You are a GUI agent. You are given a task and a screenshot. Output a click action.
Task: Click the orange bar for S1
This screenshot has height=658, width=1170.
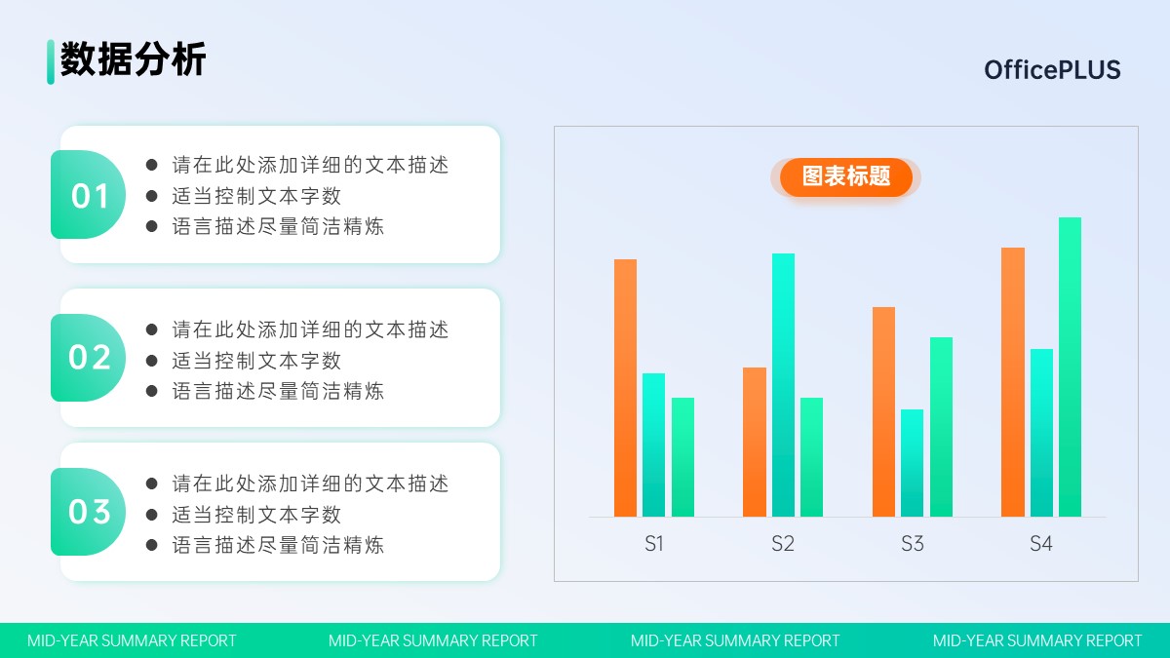pyautogui.click(x=625, y=388)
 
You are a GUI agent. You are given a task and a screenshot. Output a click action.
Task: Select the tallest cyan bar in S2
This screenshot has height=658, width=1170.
pyautogui.click(x=783, y=385)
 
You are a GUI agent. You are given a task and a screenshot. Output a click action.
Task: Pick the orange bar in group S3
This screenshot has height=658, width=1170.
pyautogui.click(x=883, y=411)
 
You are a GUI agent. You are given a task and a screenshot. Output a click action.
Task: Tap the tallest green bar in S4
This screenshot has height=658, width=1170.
pyautogui.click(x=1070, y=367)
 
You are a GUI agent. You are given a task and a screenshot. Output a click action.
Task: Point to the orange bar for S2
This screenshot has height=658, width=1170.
pyautogui.click(x=755, y=442)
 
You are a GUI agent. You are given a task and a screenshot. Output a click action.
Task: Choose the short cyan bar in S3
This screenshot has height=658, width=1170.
pyautogui.click(x=912, y=463)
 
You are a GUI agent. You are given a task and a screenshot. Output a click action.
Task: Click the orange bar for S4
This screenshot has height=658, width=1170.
pyautogui.click(x=1013, y=382)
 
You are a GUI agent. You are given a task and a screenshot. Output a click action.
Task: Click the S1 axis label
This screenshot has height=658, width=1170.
pyautogui.click(x=654, y=544)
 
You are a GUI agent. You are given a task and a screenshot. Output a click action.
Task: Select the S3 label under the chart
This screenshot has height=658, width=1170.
pyautogui.click(x=912, y=544)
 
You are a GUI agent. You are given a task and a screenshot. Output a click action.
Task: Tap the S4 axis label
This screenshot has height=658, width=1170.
pyautogui.click(x=1041, y=544)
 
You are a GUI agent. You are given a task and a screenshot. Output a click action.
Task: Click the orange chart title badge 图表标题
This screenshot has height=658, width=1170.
pyautogui.click(x=846, y=177)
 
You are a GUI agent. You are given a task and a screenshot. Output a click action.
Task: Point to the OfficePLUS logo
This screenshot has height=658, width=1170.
pyautogui.click(x=1052, y=70)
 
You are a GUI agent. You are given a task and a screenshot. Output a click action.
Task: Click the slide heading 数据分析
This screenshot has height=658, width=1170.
pyautogui.click(x=134, y=59)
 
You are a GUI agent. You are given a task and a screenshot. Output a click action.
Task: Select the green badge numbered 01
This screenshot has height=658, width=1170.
pyautogui.click(x=88, y=194)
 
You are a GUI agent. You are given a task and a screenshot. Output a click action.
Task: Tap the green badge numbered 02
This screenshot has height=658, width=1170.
pyautogui.click(x=88, y=358)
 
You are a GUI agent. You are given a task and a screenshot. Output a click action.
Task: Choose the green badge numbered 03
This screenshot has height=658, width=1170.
pyautogui.click(x=88, y=512)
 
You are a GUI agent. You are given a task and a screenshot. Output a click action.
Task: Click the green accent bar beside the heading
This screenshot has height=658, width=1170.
pyautogui.click(x=51, y=61)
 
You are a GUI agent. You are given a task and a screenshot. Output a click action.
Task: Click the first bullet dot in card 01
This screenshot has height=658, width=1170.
pyautogui.click(x=152, y=165)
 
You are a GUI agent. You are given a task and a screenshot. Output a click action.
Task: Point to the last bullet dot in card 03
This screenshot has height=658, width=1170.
pyautogui.click(x=152, y=545)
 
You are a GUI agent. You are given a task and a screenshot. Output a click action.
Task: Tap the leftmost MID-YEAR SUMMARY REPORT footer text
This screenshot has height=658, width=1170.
pyautogui.click(x=132, y=640)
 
